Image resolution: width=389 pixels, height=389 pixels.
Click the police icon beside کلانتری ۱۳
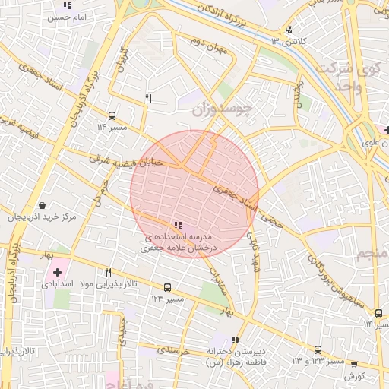(x=288, y=30)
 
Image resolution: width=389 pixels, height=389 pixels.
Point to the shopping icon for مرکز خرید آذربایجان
(x=41, y=205)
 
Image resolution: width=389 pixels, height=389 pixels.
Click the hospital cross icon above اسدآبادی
(x=57, y=271)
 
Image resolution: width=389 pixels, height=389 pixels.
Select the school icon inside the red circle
(x=177, y=225)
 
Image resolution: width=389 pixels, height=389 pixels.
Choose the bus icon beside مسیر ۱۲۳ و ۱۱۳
(x=318, y=349)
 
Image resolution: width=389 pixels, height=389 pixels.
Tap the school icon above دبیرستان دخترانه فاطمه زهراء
(x=236, y=340)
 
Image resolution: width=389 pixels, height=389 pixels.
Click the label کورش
(x=355, y=376)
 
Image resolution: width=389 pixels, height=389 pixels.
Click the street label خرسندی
(x=172, y=351)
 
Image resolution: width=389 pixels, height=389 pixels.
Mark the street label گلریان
(x=121, y=62)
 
